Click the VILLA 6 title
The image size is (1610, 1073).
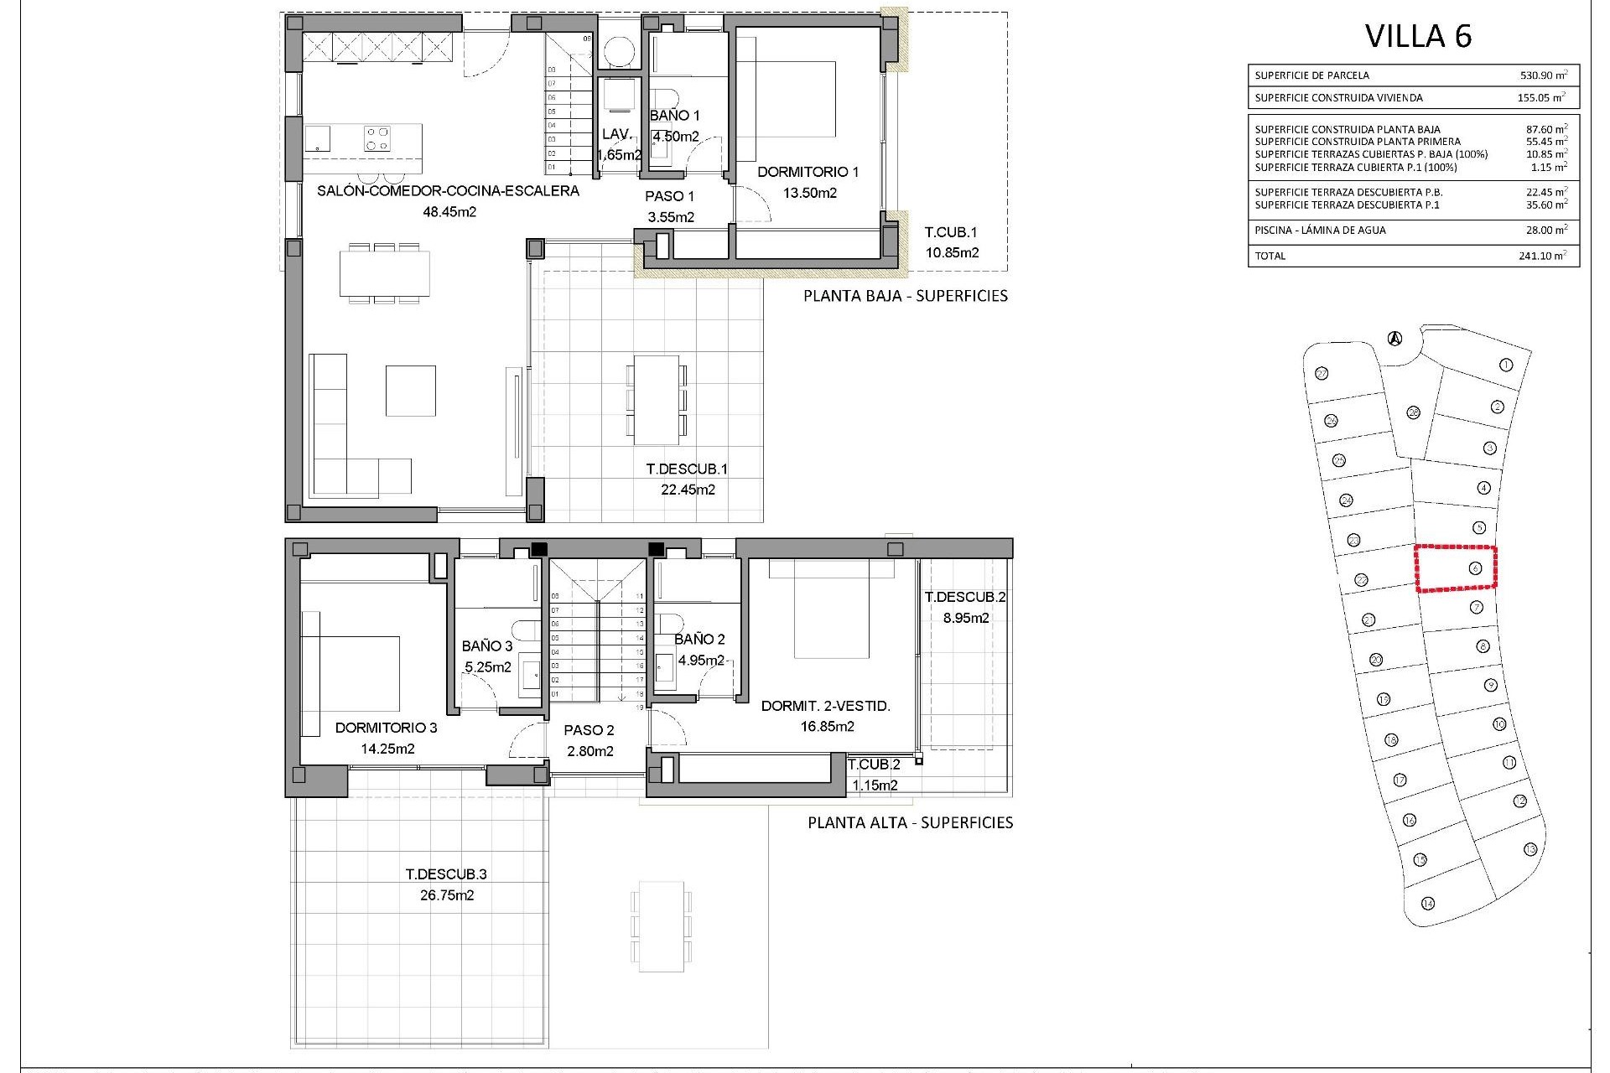pos(1418,36)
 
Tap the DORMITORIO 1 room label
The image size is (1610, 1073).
pos(808,173)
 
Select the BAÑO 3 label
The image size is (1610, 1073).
pos(487,646)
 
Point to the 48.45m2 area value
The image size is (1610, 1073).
pos(449,212)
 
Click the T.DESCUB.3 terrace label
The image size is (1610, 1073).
pos(446,874)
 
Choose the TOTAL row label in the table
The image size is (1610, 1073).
pos(1270,256)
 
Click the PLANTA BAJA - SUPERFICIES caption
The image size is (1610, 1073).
pos(906,296)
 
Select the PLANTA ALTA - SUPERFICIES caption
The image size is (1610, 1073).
pos(910,823)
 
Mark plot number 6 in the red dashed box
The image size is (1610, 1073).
pos(1474,569)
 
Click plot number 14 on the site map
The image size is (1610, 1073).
pos(1428,903)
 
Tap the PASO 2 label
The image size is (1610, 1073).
pos(590,730)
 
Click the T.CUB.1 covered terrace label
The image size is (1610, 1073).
pos(951,232)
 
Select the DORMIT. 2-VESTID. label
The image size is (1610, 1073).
pos(825,707)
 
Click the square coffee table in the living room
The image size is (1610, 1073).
pos(410,390)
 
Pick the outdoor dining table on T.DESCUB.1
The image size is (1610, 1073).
pos(656,400)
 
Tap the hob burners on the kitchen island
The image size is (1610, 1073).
pos(377,137)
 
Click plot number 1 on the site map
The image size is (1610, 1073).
pos(1505,365)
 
